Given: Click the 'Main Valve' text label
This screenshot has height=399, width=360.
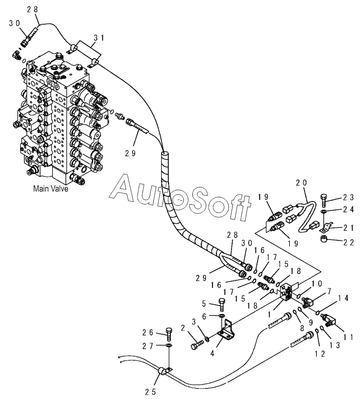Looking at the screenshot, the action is click(51, 189).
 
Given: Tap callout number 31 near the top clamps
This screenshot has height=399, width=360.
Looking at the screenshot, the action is click(99, 38).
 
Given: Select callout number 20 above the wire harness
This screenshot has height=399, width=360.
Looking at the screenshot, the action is click(301, 183).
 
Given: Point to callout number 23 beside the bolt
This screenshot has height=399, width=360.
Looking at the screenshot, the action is click(348, 197).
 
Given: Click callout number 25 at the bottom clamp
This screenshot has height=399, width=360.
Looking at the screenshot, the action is click(150, 392).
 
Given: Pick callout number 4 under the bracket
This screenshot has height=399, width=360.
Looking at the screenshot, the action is click(212, 354).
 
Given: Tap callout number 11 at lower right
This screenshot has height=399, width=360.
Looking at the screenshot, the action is click(348, 337).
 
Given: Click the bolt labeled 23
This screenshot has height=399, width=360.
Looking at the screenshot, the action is click(324, 201).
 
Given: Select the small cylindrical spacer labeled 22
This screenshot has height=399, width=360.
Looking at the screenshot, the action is click(324, 240).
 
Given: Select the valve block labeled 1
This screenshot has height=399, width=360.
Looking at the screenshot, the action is click(287, 292).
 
